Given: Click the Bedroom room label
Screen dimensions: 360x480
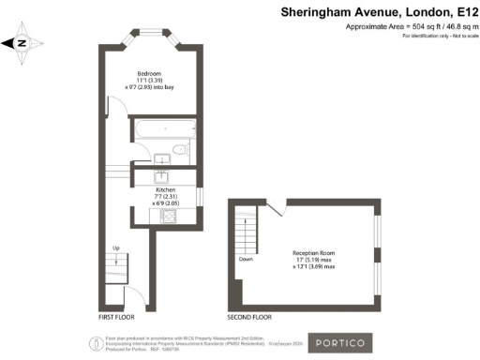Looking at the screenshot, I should (x=150, y=73).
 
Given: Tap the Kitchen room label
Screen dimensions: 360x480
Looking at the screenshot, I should (x=165, y=188).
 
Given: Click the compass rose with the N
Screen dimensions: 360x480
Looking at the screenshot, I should (x=23, y=42).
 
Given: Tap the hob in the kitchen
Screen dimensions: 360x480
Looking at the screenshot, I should (x=170, y=217).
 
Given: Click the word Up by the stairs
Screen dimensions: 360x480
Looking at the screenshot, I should (x=115, y=248).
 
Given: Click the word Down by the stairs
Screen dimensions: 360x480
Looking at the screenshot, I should (x=247, y=258).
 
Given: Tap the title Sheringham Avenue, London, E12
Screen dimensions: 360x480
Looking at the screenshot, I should (x=381, y=12).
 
